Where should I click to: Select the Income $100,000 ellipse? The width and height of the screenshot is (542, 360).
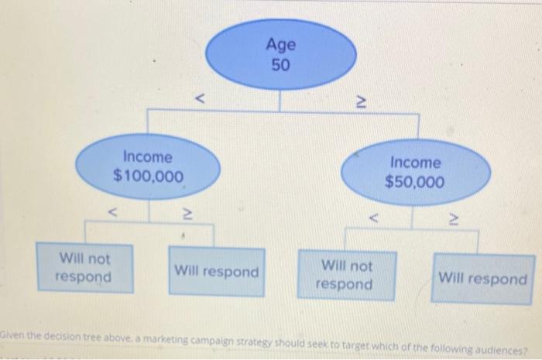click(148, 167)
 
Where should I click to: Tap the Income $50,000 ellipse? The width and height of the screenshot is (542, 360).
click(415, 173)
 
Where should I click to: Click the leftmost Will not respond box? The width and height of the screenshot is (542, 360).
click(84, 267)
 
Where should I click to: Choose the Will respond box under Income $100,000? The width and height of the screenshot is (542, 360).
click(216, 272)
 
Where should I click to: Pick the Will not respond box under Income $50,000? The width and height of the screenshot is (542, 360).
click(345, 275)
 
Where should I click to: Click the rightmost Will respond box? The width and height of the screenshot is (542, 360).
click(482, 278)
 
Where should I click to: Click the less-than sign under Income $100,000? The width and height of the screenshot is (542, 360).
click(113, 208)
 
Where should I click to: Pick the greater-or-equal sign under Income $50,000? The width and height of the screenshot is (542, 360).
click(456, 220)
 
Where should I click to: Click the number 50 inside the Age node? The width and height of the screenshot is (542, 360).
click(280, 64)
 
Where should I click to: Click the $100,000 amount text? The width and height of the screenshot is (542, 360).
click(149, 177)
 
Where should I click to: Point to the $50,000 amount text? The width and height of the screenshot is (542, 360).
click(415, 183)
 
